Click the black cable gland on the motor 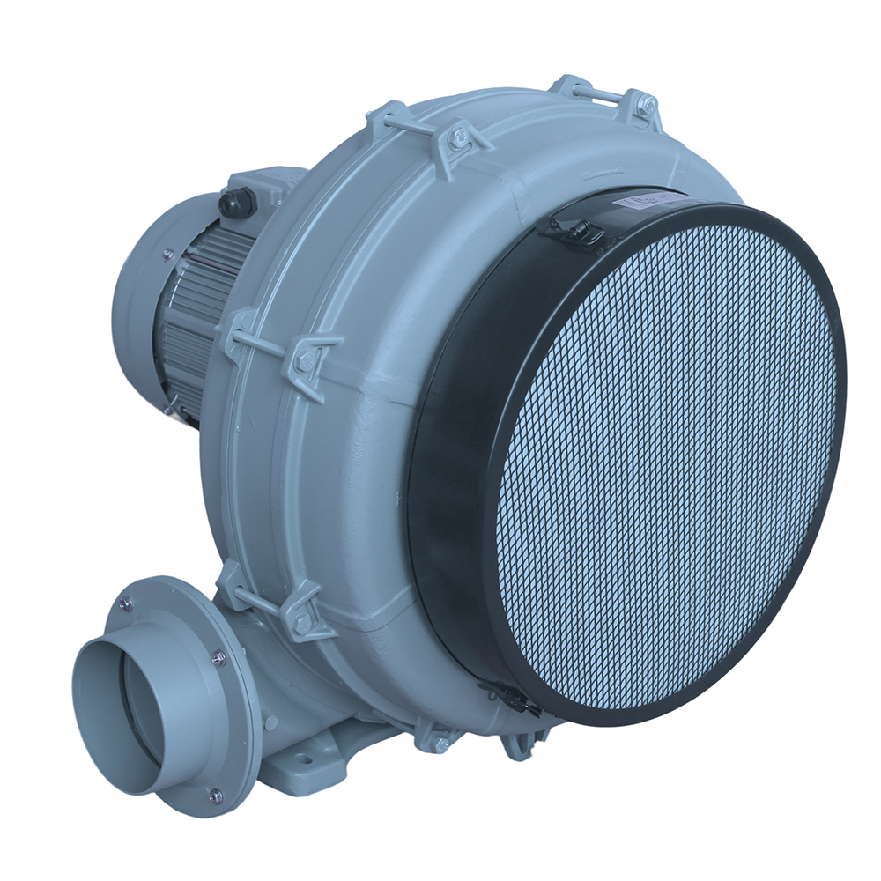click(236, 203)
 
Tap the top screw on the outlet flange click(126, 603)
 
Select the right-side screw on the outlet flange click(218, 657)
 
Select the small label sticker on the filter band click(648, 202)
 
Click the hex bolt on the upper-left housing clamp click(458, 137)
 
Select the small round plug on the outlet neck click(270, 722)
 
